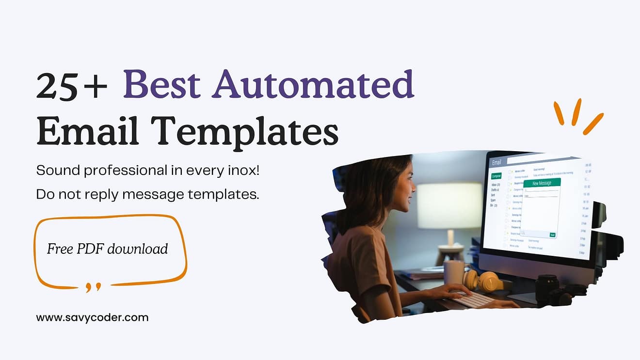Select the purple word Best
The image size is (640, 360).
162,84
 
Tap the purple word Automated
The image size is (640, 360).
313,84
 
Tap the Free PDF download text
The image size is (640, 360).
107,249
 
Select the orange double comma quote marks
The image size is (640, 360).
93,287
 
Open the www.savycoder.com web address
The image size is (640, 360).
92,318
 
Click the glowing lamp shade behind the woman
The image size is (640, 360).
449,205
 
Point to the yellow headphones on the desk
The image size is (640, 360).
482,281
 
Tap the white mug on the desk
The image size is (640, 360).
453,272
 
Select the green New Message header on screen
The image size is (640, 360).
542,183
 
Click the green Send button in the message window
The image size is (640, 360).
552,235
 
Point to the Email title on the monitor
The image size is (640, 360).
496,162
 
